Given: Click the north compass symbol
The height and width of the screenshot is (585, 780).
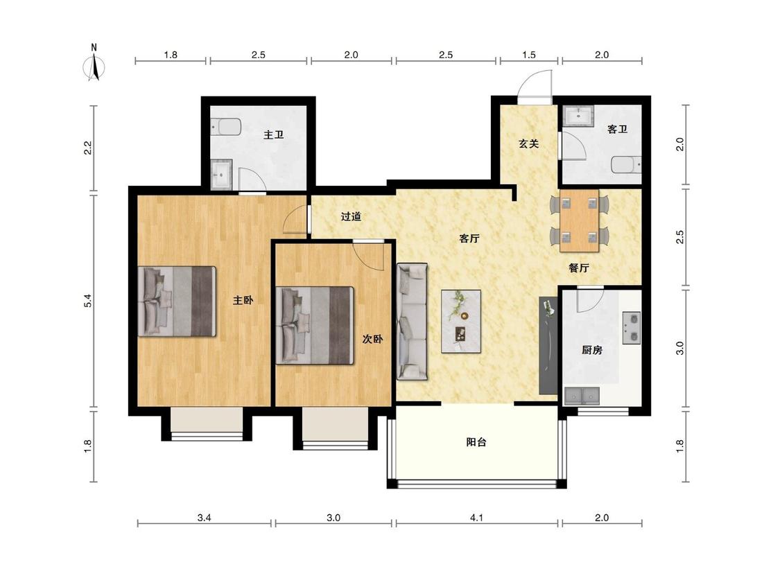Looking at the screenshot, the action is click(x=94, y=64).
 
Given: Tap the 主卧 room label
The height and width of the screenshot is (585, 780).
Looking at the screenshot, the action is click(x=243, y=300).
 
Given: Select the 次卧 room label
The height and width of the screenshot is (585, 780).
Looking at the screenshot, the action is click(x=372, y=339).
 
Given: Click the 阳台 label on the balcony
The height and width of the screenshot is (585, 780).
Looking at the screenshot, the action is click(x=476, y=442).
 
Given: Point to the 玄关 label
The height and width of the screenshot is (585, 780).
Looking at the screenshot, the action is click(x=529, y=143).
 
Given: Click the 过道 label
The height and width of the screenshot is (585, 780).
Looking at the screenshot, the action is click(x=351, y=216).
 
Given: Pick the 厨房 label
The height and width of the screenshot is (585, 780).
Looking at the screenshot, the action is click(x=592, y=350).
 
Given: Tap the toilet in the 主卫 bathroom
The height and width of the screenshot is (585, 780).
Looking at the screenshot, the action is click(x=226, y=127).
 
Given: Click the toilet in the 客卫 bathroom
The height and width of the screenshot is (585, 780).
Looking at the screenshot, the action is click(x=626, y=165).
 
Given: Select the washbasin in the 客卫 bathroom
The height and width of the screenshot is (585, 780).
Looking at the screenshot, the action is click(x=578, y=115).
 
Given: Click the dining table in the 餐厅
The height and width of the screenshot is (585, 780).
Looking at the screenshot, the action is click(x=580, y=220).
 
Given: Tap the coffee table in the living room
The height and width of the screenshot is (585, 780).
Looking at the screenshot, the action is click(x=461, y=322).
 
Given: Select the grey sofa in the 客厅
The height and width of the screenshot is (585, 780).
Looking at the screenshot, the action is click(x=412, y=322).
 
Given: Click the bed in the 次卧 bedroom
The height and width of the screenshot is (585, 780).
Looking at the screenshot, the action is click(x=315, y=325).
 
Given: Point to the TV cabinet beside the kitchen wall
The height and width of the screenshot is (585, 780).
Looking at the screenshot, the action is click(x=548, y=345).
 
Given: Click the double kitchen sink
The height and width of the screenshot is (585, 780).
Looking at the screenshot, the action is click(x=582, y=396).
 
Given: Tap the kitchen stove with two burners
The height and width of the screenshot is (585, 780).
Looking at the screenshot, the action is click(x=632, y=328).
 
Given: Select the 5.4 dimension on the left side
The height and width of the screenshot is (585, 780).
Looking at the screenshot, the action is click(x=88, y=301).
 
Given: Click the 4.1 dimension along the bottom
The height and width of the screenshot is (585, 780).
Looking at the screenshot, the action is click(x=476, y=518).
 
